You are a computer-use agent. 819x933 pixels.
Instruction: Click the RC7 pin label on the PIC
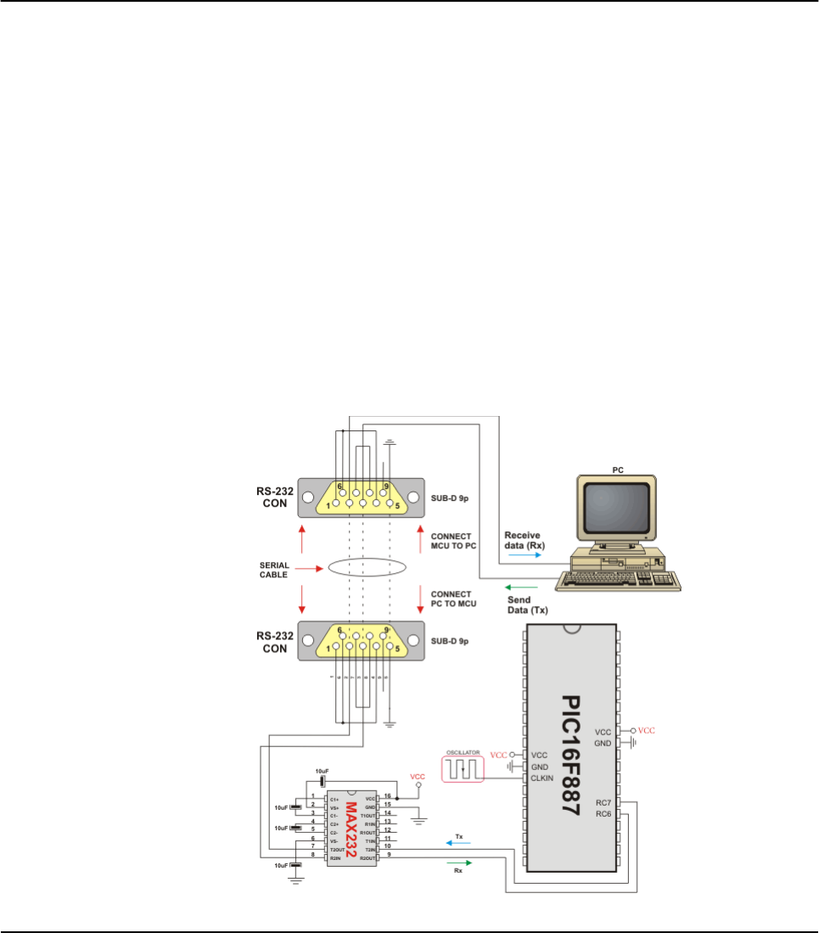click(x=603, y=801)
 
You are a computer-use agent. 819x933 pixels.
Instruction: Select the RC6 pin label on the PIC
click(x=603, y=813)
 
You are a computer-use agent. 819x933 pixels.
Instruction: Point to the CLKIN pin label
click(x=544, y=778)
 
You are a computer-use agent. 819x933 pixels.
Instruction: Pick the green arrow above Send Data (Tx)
click(x=522, y=587)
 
